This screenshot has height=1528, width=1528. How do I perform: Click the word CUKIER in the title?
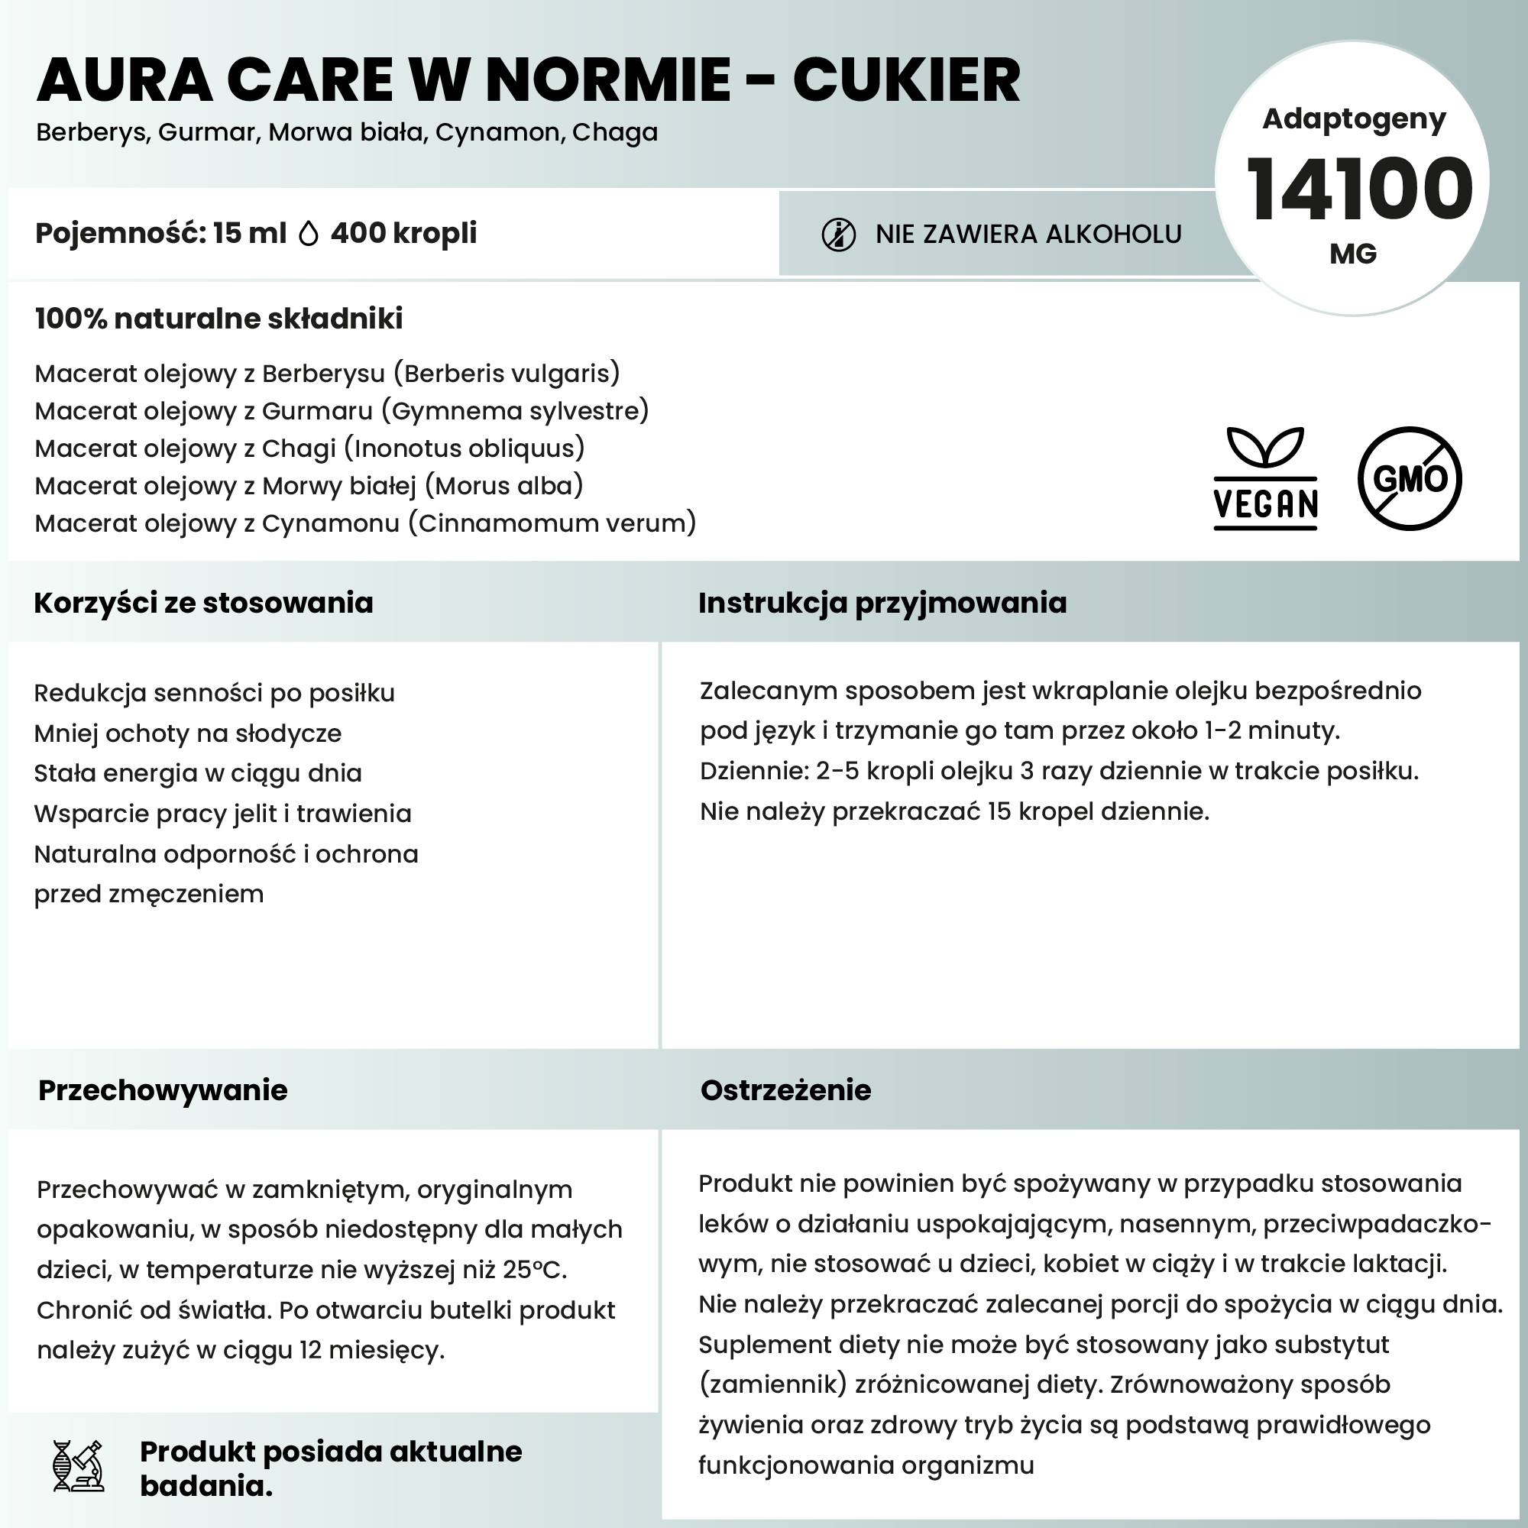[x=906, y=81]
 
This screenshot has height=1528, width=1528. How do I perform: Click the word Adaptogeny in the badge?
[x=1353, y=118]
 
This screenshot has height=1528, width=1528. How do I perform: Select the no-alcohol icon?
[x=838, y=235]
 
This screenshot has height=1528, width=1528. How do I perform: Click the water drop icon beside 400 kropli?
[x=309, y=234]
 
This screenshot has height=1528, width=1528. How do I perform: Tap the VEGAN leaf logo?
[x=1264, y=478]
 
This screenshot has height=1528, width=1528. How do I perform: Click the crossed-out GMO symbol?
[x=1409, y=478]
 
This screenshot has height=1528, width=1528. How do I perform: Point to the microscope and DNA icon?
[x=77, y=1465]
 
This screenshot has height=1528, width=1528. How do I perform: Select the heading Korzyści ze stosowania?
[x=203, y=603]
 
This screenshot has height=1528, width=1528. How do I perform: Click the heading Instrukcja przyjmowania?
[x=882, y=603]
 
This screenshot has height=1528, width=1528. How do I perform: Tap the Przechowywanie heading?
[x=163, y=1090]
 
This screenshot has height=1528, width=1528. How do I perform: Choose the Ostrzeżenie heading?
[x=785, y=1090]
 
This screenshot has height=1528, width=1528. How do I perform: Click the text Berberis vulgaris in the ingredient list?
[x=507, y=374]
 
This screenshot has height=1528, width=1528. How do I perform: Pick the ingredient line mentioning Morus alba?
[x=309, y=486]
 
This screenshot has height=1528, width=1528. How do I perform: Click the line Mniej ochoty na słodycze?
[x=187, y=733]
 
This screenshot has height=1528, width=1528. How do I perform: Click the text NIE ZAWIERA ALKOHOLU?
[x=1028, y=235]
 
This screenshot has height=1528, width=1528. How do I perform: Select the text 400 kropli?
[x=403, y=233]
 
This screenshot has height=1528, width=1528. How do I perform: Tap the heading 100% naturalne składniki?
[x=219, y=319]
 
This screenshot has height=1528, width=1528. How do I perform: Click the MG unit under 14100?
[x=1353, y=254]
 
